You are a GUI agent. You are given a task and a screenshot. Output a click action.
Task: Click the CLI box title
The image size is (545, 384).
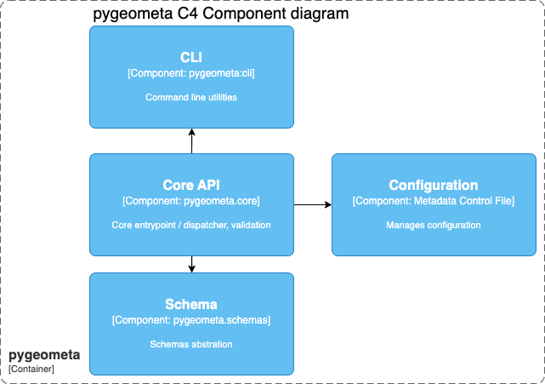click(191, 57)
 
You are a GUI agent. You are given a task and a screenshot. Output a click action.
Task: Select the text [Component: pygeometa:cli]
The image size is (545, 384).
click(191, 74)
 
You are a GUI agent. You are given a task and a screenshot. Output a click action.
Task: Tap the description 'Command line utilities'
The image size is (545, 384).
click(191, 98)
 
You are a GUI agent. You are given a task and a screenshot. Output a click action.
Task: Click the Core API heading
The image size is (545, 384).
click(191, 185)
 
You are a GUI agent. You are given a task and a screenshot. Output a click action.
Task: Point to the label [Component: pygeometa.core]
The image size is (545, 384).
click(191, 201)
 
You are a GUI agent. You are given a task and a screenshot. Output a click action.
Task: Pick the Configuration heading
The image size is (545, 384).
click(434, 185)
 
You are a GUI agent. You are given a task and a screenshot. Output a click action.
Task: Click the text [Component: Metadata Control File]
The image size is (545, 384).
click(434, 201)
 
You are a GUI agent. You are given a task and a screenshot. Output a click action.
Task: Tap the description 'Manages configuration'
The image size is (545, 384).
click(434, 226)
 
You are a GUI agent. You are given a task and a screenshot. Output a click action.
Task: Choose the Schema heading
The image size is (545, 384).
click(191, 304)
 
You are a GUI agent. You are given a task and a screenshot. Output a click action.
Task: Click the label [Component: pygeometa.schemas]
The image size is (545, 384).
click(191, 320)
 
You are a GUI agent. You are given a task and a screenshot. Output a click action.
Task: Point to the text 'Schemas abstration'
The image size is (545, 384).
click(191, 345)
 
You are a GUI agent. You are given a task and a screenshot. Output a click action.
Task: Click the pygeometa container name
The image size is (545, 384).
click(44, 354)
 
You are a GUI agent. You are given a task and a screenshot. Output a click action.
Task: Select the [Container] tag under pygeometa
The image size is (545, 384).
click(31, 369)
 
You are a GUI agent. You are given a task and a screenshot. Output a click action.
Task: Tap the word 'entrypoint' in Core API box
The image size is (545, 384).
click(155, 226)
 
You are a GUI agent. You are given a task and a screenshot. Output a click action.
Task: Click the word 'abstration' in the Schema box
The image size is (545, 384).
click(211, 345)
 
